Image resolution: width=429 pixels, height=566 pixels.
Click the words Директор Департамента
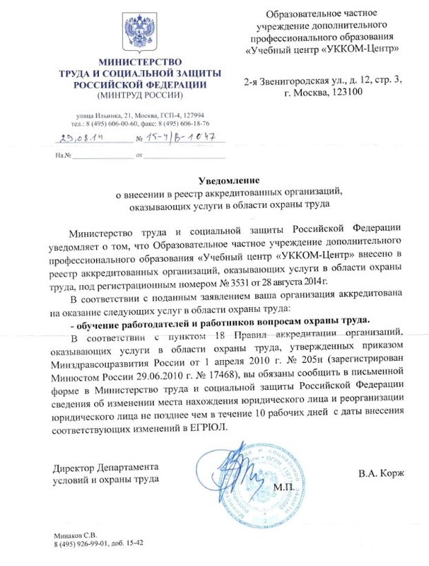[x=106, y=468]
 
